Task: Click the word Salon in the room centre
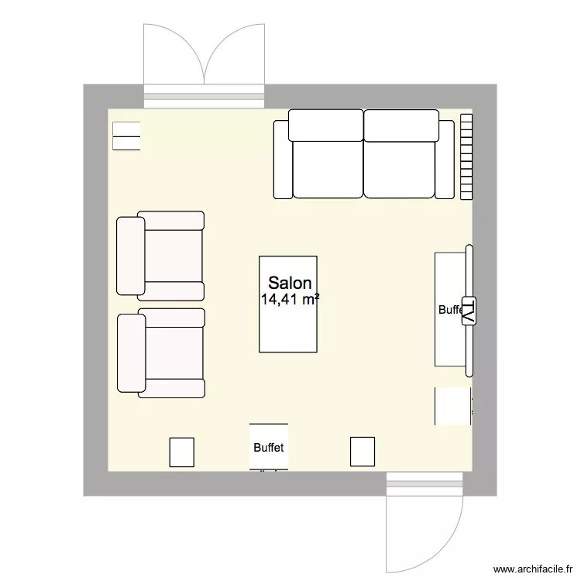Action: click(290, 284)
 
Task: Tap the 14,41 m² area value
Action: click(290, 300)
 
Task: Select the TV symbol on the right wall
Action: click(469, 311)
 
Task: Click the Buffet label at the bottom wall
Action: click(268, 448)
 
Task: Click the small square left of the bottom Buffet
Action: click(181, 452)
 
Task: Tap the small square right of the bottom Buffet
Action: click(362, 452)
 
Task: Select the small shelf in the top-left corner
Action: click(126, 136)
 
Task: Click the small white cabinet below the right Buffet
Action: click(452, 406)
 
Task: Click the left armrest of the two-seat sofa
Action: click(282, 159)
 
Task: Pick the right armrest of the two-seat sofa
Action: click(445, 159)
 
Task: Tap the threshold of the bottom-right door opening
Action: click(425, 484)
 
